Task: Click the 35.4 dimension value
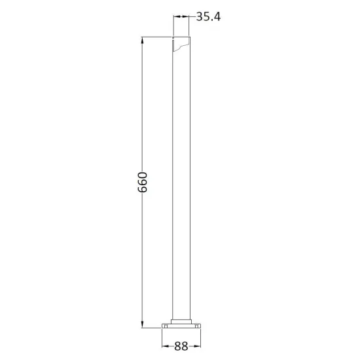coord(208,17)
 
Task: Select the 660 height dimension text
coord(142,182)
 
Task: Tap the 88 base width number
coord(181,346)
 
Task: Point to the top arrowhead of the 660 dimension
coord(142,41)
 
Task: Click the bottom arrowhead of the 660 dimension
coord(142,324)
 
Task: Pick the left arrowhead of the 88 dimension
coord(166,346)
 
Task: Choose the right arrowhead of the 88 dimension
coord(197,346)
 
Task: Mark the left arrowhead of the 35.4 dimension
coord(177,16)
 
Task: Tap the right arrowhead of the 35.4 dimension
coord(185,16)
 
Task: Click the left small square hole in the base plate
coord(166,326)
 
